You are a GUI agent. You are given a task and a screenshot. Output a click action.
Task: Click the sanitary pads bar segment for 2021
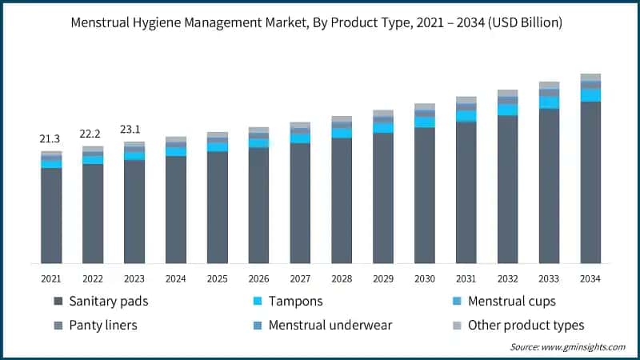(51, 215)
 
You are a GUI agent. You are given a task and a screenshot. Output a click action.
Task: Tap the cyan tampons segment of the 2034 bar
(590, 95)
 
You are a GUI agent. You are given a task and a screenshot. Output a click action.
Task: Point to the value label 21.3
(50, 139)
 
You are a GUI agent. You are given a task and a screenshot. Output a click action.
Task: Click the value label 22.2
(92, 133)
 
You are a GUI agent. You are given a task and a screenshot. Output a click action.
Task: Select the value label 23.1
(134, 128)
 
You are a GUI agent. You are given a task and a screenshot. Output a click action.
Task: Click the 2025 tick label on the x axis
(217, 278)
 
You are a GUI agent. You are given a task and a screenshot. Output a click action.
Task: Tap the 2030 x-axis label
(424, 278)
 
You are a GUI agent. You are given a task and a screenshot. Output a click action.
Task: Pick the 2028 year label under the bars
(342, 278)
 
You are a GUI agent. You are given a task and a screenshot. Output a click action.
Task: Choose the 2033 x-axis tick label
(549, 278)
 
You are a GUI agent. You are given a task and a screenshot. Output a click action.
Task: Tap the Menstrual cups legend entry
(511, 302)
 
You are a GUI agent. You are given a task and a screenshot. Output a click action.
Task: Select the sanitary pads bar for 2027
(300, 203)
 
